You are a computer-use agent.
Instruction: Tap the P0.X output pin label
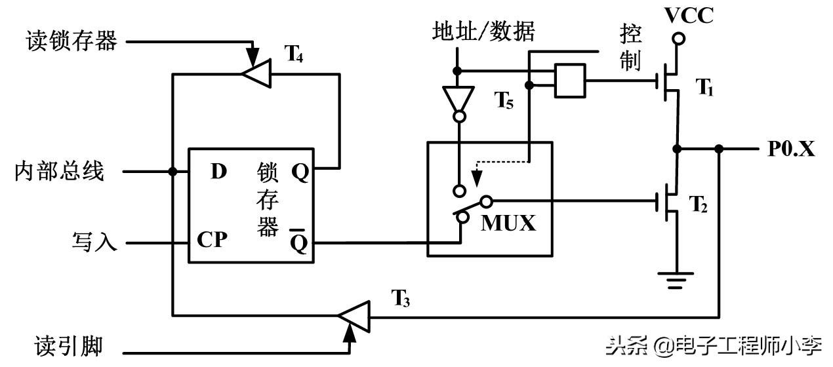tap(792, 149)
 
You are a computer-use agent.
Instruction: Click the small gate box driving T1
tap(569, 81)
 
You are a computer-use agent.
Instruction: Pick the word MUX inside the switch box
tap(508, 223)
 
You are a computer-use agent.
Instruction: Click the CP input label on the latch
tap(212, 241)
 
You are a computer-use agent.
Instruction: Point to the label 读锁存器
tap(71, 41)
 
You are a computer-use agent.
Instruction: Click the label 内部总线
tap(59, 172)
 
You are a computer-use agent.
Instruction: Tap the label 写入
tap(94, 243)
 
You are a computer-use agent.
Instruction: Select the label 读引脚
tap(68, 345)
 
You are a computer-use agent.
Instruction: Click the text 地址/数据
tap(483, 31)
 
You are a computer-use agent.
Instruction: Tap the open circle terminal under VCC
tap(679, 40)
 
